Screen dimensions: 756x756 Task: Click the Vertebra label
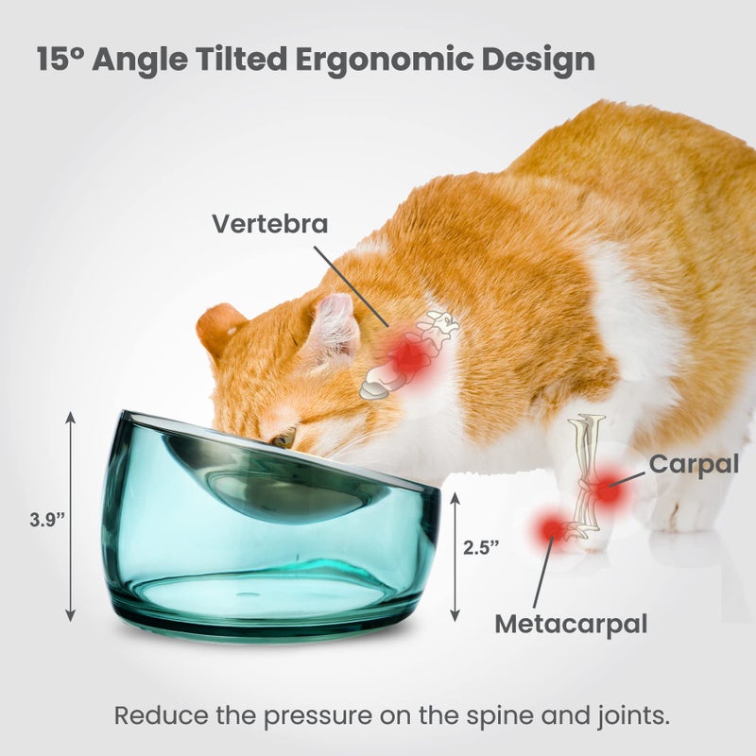coord(269,224)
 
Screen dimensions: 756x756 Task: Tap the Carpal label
coord(693,463)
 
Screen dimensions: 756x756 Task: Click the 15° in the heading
coord(61,59)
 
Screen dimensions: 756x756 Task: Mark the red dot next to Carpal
coord(608,490)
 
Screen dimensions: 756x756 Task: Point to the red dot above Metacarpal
coord(550,529)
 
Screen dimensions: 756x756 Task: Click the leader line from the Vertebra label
coord(350,286)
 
